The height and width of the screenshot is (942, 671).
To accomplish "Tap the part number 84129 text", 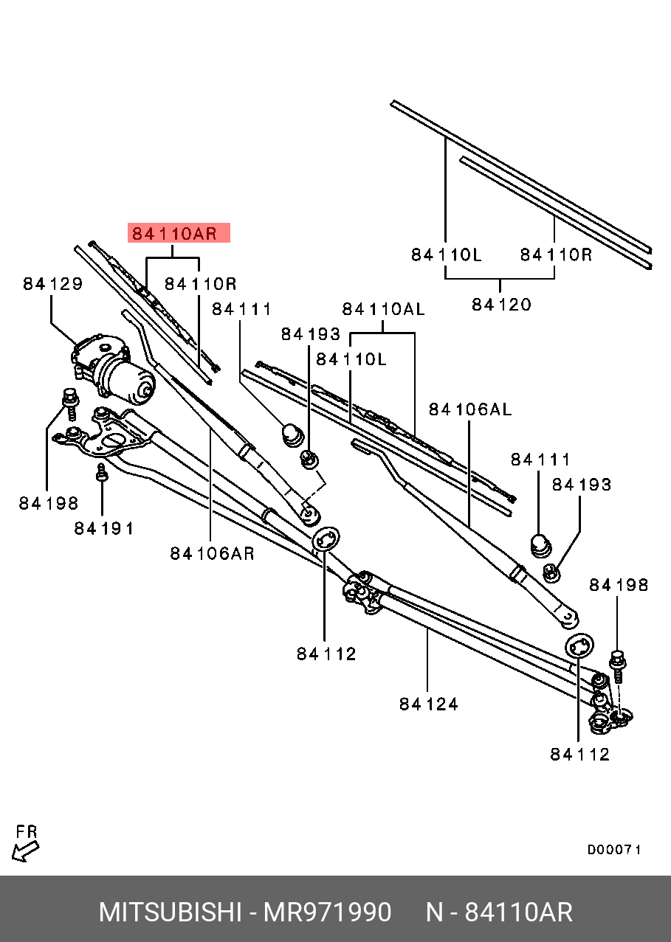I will point(52,284).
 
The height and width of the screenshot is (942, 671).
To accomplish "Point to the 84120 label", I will point(501,304).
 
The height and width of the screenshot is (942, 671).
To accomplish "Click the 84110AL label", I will point(382,310).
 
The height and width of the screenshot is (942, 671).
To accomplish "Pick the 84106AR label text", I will point(212,553).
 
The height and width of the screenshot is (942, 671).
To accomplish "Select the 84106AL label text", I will point(469,410).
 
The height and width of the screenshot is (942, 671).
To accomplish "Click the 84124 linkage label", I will point(429,704).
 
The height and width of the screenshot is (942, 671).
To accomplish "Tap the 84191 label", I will point(104,528).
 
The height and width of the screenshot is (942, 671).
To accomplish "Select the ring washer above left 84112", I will point(325,539).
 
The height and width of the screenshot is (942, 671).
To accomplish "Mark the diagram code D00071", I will point(614,850).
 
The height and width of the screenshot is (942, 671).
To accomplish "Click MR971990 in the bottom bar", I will point(328,912).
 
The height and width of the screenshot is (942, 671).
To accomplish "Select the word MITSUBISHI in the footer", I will point(170,912).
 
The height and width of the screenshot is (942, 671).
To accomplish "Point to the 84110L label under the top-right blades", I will point(446,255).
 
